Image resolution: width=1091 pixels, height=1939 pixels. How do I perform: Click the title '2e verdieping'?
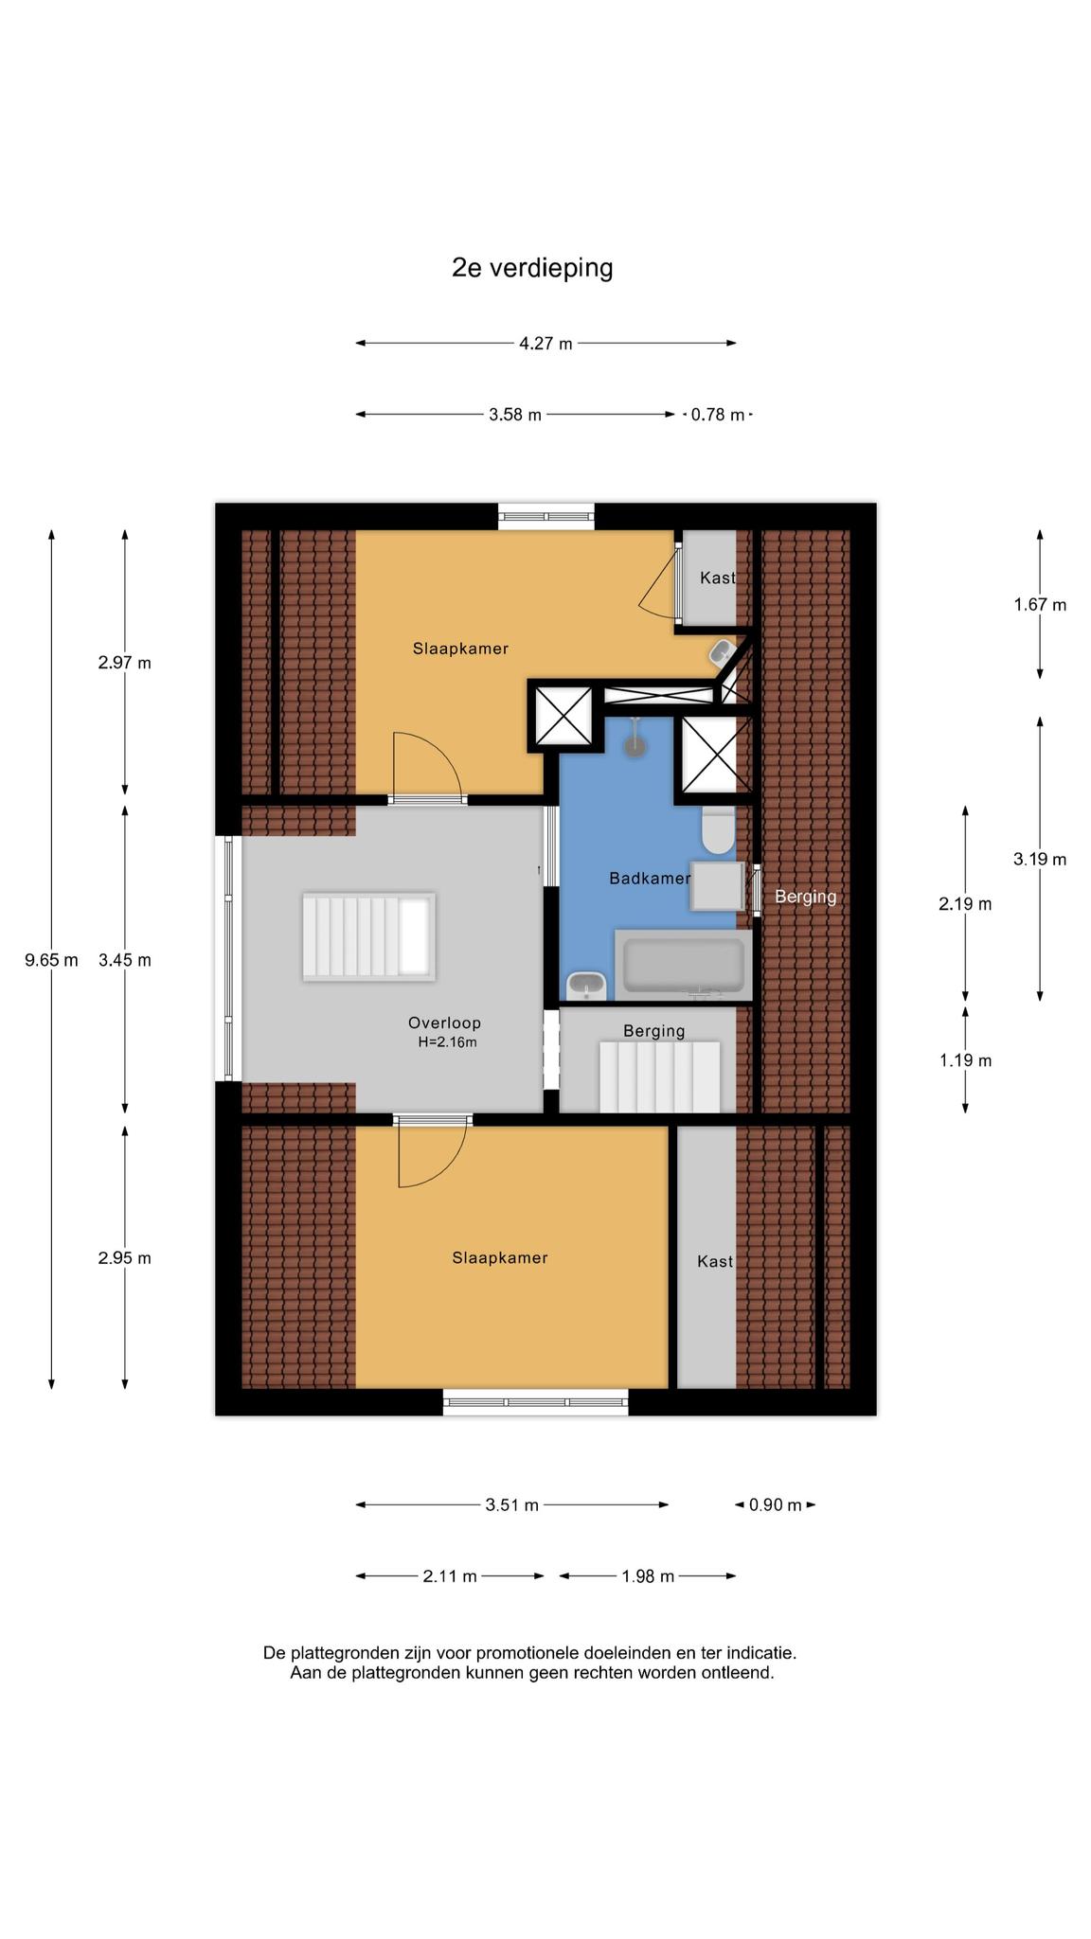(x=532, y=268)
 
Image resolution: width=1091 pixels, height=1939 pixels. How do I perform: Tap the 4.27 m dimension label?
(x=545, y=344)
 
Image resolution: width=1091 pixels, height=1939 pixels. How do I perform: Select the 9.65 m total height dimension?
(x=51, y=960)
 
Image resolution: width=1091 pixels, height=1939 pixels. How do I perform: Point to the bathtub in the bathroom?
(x=683, y=965)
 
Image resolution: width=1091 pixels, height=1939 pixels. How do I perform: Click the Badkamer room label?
(x=650, y=879)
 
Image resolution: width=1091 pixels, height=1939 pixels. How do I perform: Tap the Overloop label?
(x=444, y=1023)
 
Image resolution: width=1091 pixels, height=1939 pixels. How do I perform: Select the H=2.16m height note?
(x=447, y=1042)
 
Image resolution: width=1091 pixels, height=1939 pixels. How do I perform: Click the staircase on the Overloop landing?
(x=368, y=936)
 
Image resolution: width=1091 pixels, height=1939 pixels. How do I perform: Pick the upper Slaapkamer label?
(x=460, y=649)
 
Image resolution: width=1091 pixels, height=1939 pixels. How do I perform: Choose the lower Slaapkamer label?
(x=500, y=1258)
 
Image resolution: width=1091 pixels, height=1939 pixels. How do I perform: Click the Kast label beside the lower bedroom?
(x=715, y=1261)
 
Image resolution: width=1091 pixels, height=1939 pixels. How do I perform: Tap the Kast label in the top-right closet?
(x=718, y=578)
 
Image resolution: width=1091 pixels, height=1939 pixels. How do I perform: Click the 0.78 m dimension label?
(x=718, y=415)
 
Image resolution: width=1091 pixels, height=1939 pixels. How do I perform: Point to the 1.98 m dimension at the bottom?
(x=648, y=1576)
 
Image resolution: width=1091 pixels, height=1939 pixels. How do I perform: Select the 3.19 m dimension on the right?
(x=1040, y=860)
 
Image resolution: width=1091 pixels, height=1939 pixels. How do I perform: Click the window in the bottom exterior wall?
(x=536, y=1402)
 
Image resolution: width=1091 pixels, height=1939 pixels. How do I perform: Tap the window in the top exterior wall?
(x=546, y=516)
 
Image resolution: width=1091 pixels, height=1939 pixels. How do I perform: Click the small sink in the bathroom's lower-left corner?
(x=586, y=986)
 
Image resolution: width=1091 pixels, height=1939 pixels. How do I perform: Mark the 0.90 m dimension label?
(x=776, y=1505)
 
